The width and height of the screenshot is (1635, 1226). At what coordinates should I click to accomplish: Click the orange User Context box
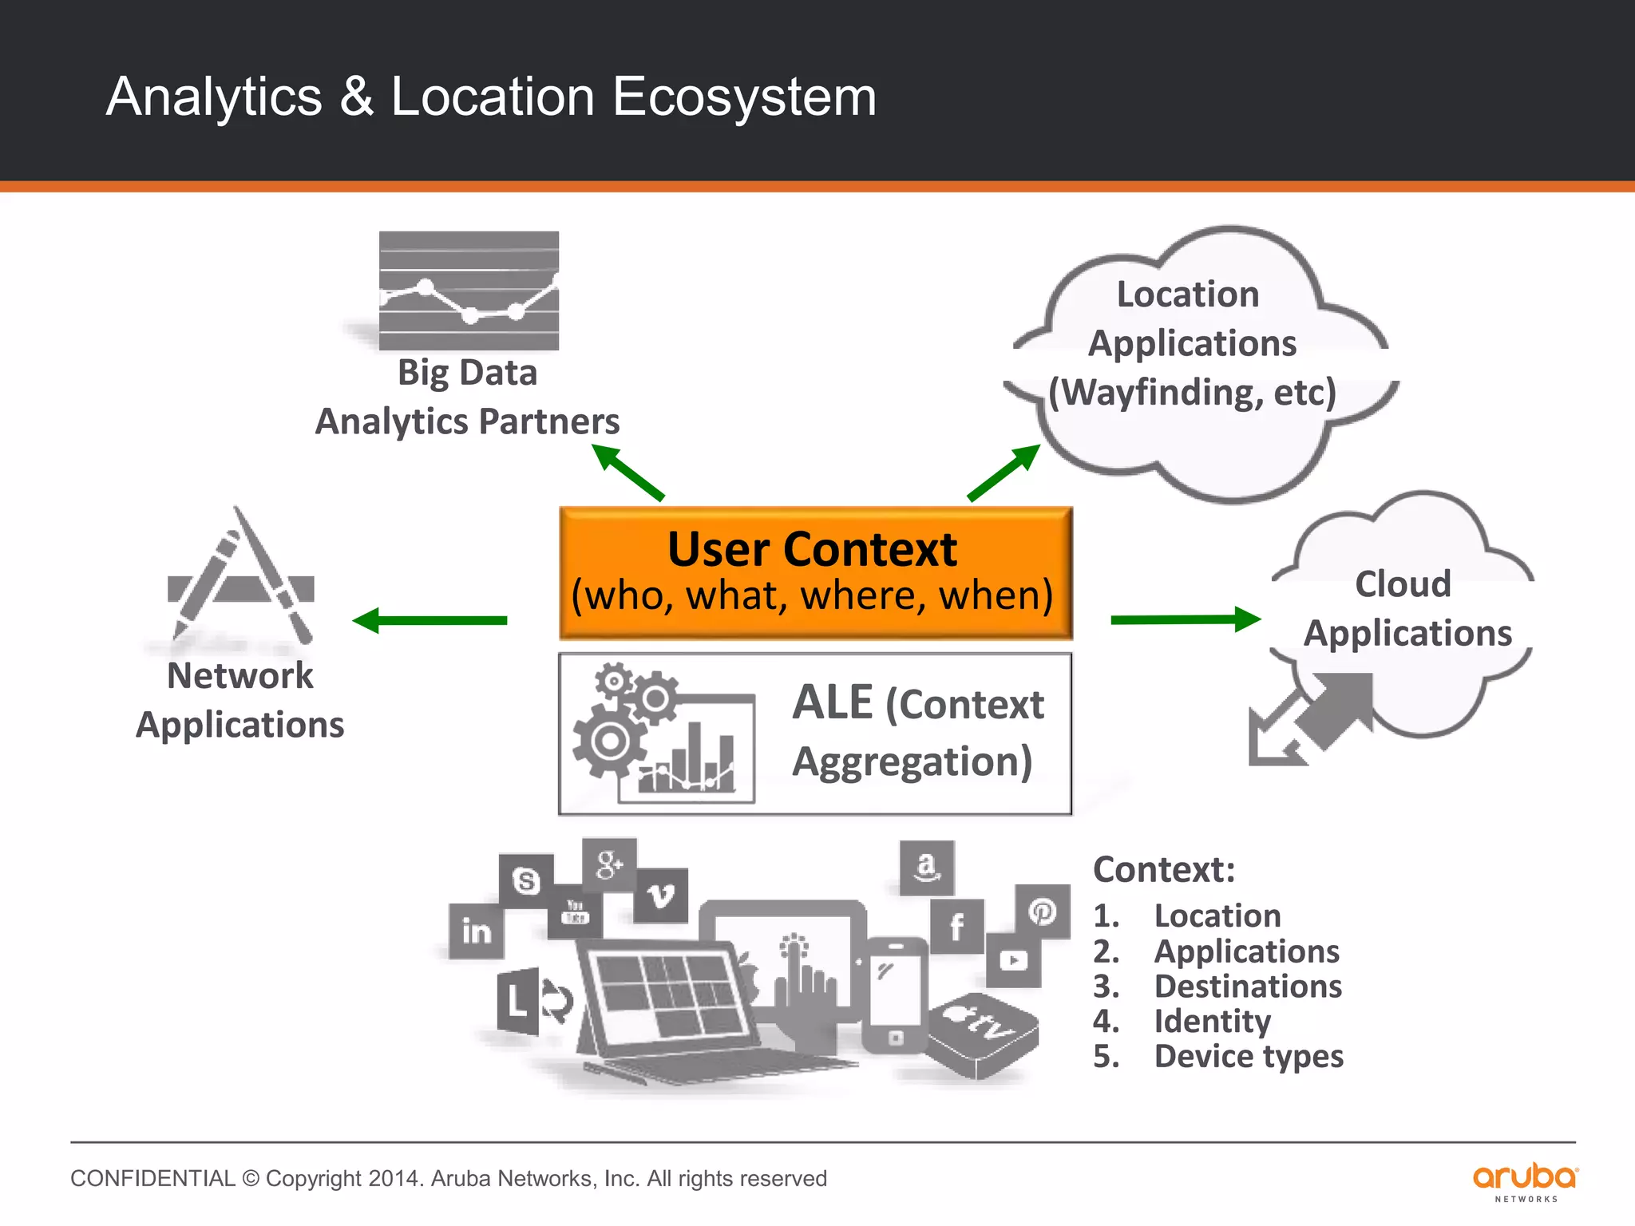(815, 572)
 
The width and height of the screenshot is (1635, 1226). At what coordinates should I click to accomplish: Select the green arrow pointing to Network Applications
(431, 620)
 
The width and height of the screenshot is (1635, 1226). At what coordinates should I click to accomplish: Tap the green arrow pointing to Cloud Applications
(1185, 619)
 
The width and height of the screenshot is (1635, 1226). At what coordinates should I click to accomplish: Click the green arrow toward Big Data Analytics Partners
(627, 473)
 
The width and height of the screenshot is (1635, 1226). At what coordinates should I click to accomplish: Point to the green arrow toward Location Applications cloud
(1004, 473)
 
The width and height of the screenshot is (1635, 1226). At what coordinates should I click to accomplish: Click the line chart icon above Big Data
(469, 291)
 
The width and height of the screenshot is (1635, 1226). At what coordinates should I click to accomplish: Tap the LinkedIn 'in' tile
(477, 931)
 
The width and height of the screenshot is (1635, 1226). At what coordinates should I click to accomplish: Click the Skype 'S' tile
(525, 880)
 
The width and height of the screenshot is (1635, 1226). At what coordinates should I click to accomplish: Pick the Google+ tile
(609, 864)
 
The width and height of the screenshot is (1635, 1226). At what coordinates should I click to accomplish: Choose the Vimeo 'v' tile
(661, 896)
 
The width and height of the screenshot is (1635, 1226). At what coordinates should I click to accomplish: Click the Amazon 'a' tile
(926, 867)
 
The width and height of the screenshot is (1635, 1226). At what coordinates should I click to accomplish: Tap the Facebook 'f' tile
(956, 926)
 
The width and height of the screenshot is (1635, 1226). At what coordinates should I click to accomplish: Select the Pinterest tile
(1042, 911)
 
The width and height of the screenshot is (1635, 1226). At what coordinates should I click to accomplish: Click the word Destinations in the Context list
(1248, 987)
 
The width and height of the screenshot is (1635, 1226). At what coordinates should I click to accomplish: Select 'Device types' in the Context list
(1249, 1057)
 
